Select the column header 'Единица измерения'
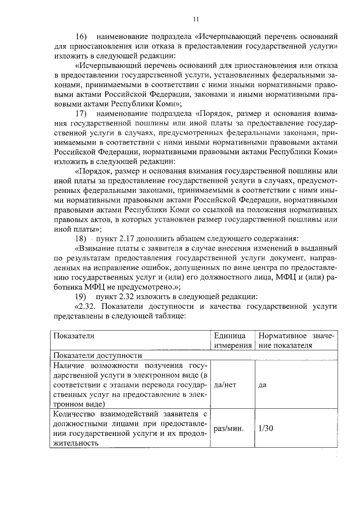[232, 340]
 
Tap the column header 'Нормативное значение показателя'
[296, 340]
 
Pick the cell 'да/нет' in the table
[226, 386]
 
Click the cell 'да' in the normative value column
[262, 386]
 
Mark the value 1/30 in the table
[265, 428]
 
